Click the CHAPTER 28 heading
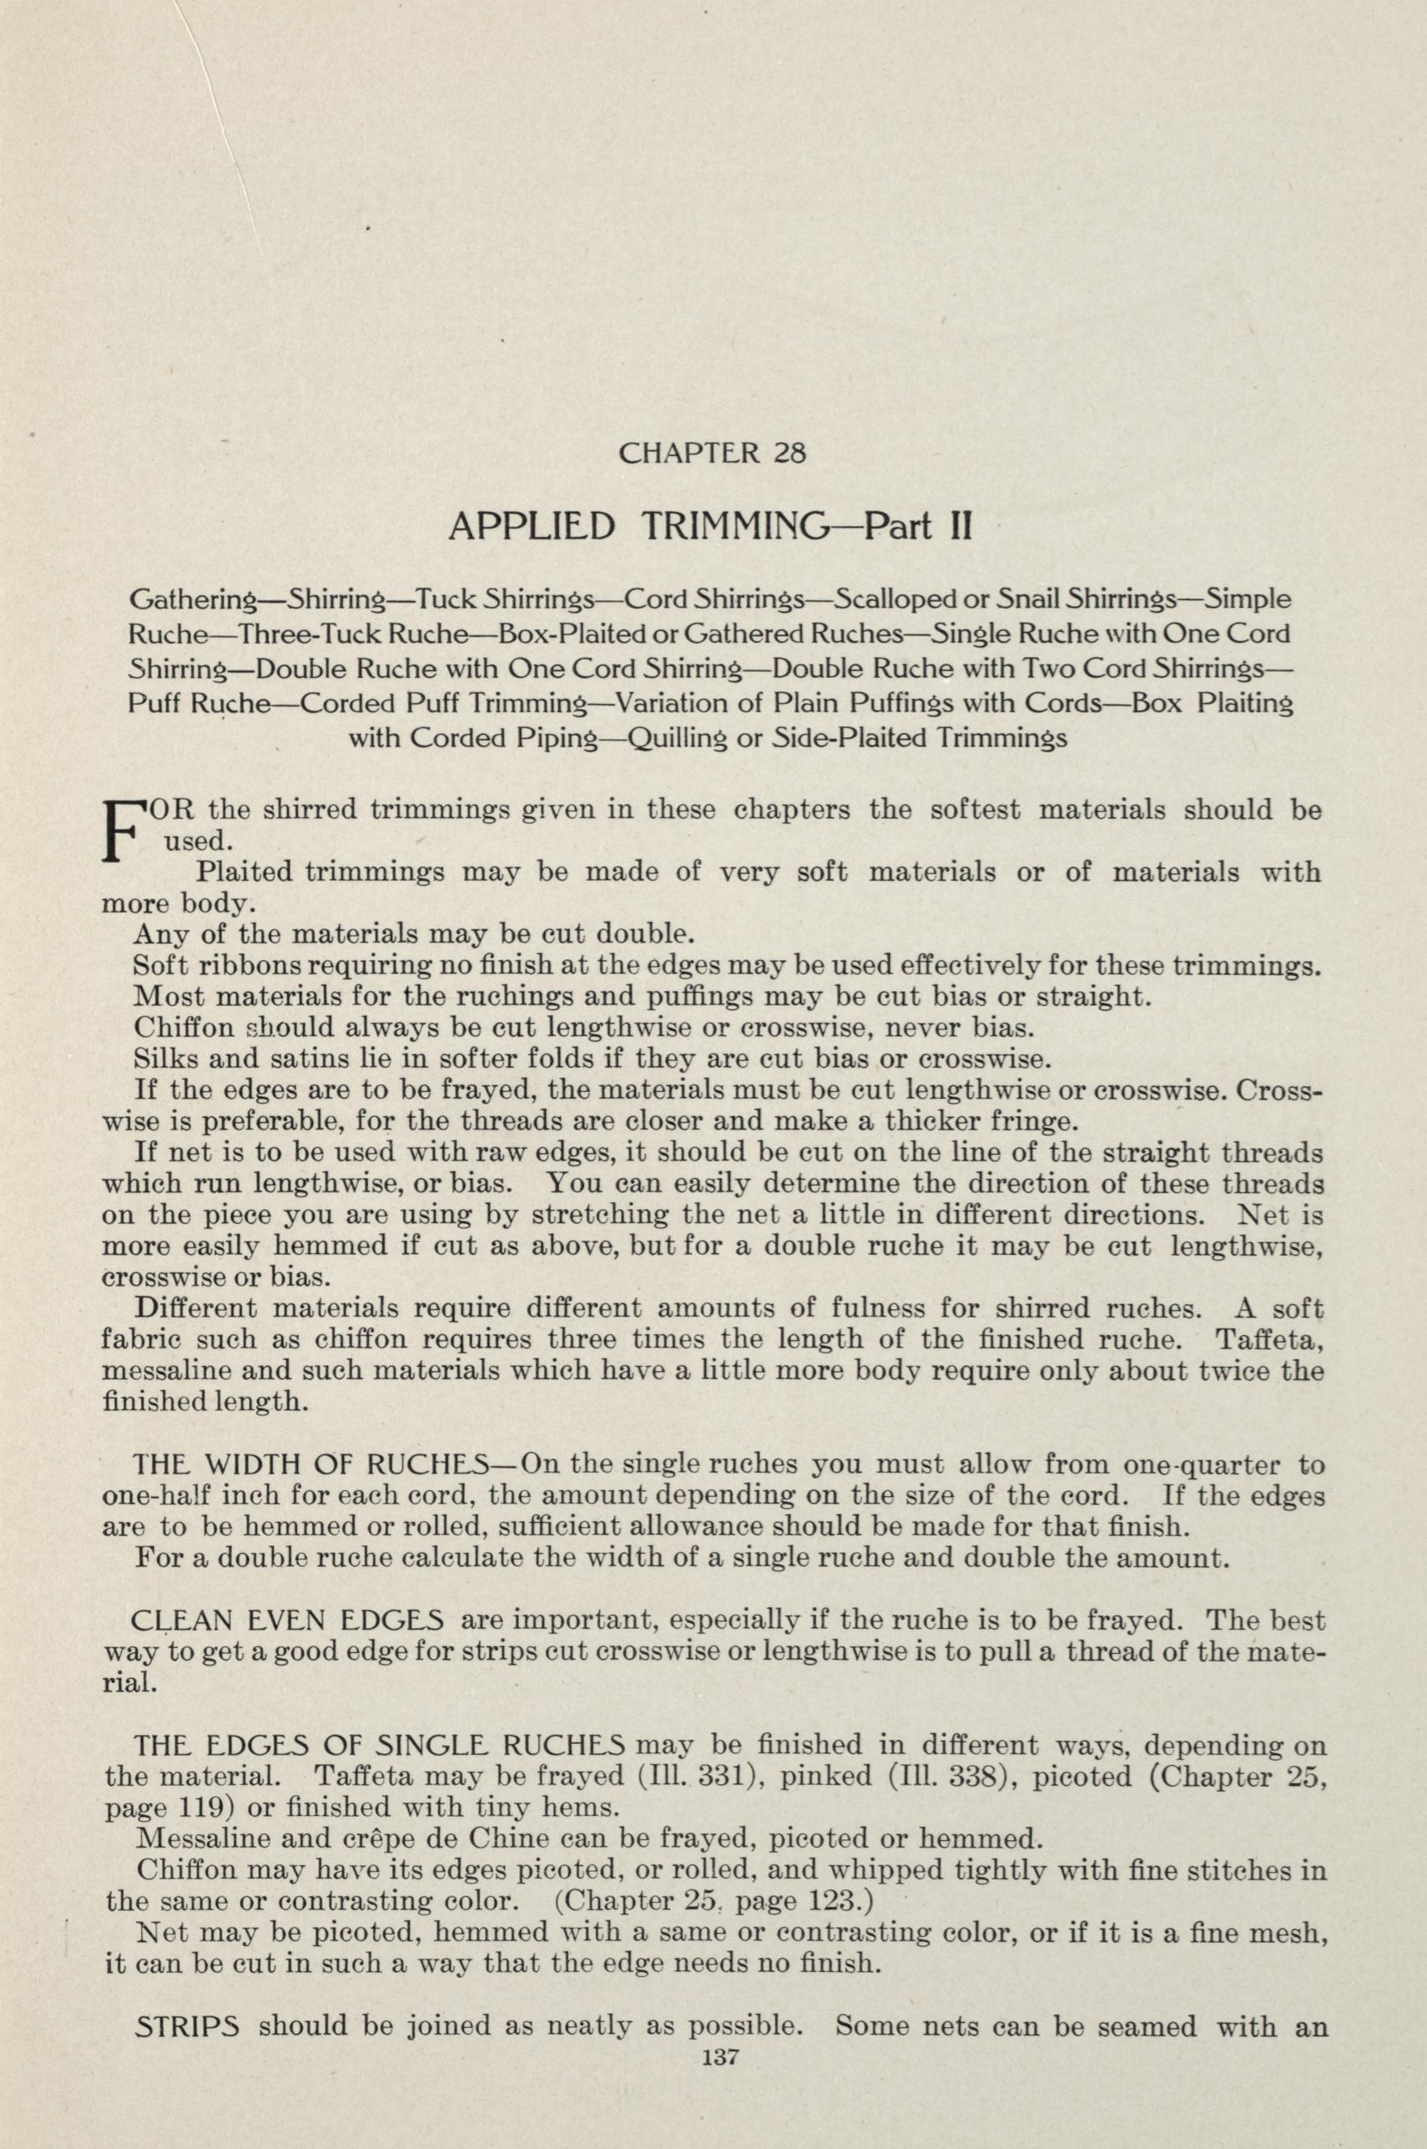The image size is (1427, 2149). tap(712, 453)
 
